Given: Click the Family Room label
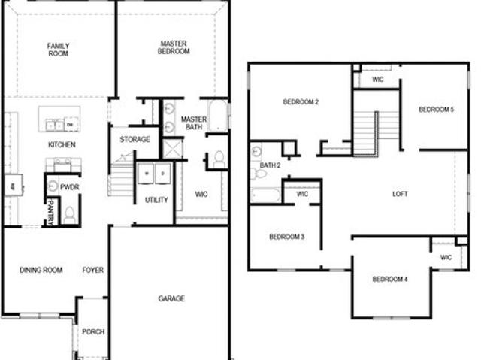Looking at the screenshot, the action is (x=58, y=50).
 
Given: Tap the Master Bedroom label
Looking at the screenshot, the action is (x=174, y=47).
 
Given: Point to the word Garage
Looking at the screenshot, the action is (x=171, y=298).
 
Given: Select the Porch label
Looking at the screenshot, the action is (x=93, y=331).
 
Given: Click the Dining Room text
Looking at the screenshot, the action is (x=41, y=270).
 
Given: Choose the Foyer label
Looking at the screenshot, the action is (x=93, y=270).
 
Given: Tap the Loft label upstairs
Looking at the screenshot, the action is (x=400, y=194).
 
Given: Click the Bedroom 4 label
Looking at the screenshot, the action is (x=390, y=279).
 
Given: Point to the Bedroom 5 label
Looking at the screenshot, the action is (x=436, y=110).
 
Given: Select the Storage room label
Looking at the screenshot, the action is (x=135, y=140).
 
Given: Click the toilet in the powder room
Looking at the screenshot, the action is (x=70, y=215).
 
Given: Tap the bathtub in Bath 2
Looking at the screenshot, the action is (x=265, y=195).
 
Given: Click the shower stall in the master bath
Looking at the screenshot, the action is (x=172, y=149).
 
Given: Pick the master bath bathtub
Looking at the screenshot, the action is (x=217, y=116).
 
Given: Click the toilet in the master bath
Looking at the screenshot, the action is (x=219, y=159).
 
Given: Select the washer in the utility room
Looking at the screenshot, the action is (x=147, y=174).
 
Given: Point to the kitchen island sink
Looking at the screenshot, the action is (x=55, y=125).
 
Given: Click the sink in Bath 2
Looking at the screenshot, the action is (x=256, y=152).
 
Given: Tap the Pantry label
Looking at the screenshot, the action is (x=51, y=213).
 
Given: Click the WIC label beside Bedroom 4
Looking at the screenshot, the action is (x=446, y=257).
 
